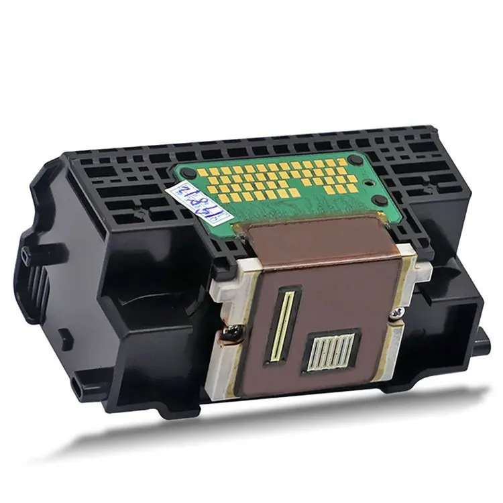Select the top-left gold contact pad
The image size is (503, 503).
pyautogui.click(x=208, y=172)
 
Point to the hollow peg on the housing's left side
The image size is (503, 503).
pyautogui.click(x=27, y=254)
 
